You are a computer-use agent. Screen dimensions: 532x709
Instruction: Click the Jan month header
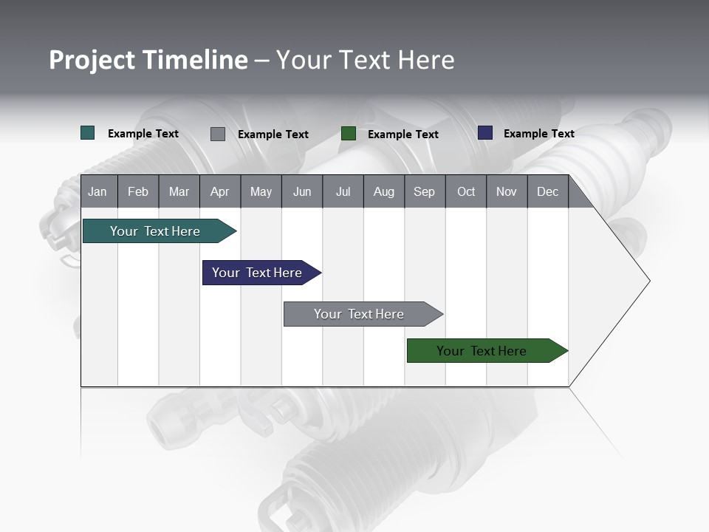(x=98, y=191)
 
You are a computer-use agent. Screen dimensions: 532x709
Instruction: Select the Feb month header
(x=138, y=191)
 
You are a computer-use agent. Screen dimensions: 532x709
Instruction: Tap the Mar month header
(x=179, y=191)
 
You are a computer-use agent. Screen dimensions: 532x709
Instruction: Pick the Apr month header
(x=219, y=191)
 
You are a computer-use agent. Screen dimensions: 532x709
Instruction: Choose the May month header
(x=261, y=191)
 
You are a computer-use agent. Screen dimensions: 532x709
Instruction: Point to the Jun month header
(x=302, y=191)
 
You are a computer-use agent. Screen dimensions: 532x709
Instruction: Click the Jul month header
(x=343, y=191)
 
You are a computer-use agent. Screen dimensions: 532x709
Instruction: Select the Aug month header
(x=383, y=191)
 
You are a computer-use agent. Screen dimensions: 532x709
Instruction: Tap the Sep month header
(x=424, y=191)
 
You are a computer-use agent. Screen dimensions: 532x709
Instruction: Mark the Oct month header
(x=466, y=191)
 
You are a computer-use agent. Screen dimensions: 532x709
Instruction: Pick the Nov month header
(x=507, y=191)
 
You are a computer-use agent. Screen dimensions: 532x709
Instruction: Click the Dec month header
(x=547, y=191)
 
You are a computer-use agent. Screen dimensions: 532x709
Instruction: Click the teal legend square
(x=88, y=133)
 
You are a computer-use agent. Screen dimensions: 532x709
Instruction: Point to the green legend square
(x=349, y=134)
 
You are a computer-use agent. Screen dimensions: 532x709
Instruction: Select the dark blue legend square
(x=485, y=133)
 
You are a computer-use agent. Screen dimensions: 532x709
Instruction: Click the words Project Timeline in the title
(x=148, y=60)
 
